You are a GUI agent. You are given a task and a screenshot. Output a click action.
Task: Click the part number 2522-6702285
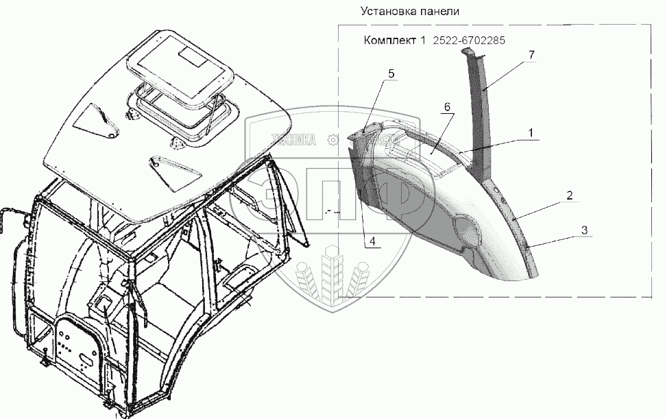tap(469, 40)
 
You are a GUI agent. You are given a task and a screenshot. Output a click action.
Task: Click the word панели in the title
tap(439, 12)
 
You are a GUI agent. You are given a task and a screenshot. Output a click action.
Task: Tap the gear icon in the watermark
tap(333, 139)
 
